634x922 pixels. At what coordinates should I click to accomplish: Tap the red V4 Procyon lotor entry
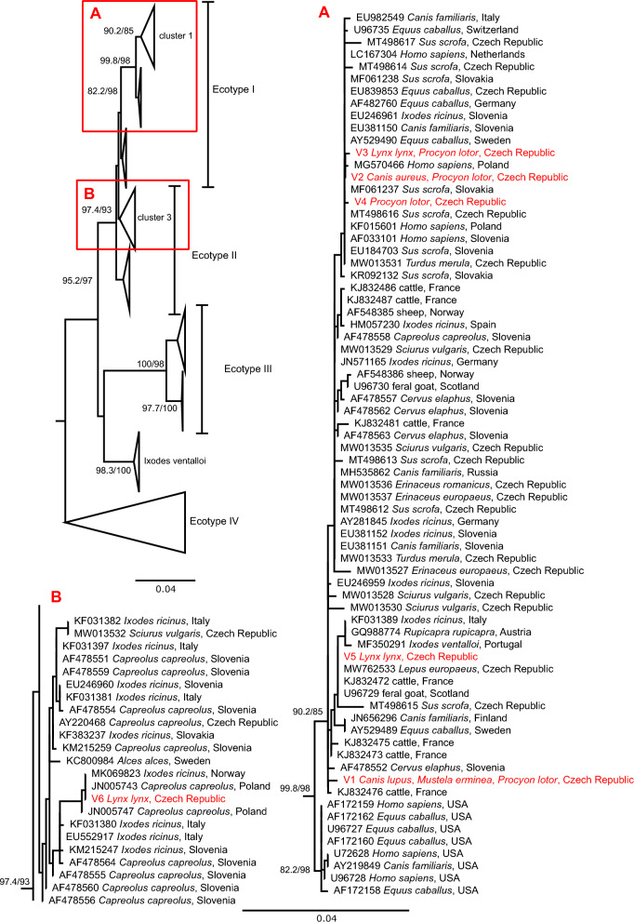[429, 201]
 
